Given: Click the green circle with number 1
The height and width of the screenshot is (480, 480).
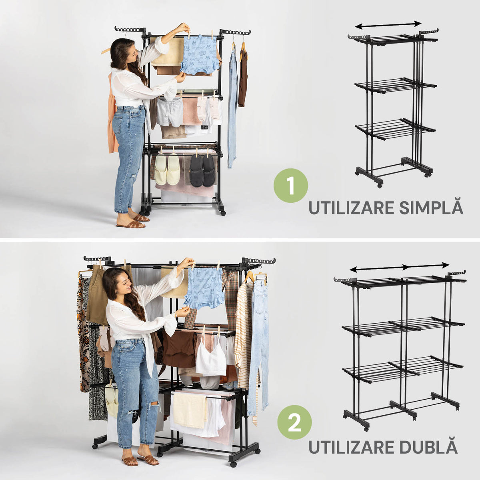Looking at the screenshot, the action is tap(291, 186).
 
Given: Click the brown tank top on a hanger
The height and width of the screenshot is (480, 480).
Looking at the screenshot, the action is tap(243, 77).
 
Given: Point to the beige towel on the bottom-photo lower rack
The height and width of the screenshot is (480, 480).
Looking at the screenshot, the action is tap(190, 412).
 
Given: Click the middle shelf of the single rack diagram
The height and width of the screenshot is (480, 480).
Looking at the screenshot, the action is tap(396, 86).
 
